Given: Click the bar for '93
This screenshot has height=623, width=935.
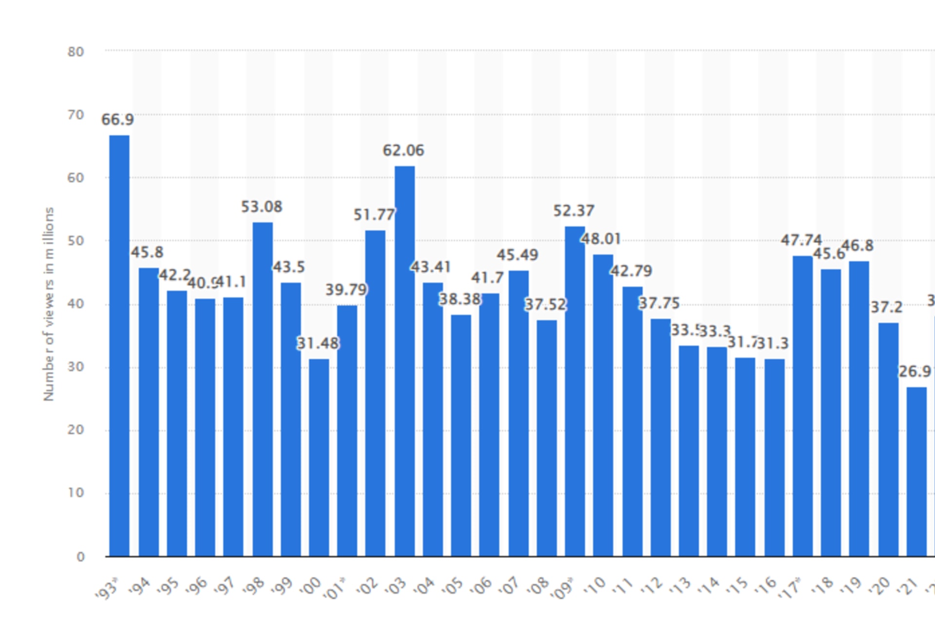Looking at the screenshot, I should pyautogui.click(x=119, y=346).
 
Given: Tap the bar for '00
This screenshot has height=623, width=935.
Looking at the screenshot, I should pyautogui.click(x=319, y=458).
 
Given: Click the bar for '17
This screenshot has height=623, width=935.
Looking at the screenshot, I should pyautogui.click(x=803, y=406).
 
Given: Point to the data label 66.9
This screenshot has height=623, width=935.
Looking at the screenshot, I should pyautogui.click(x=117, y=120).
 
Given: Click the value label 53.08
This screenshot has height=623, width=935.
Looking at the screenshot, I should pyautogui.click(x=262, y=207).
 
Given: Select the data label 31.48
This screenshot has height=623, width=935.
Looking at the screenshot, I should pyautogui.click(x=318, y=344).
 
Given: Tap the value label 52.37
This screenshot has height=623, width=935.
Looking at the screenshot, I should pyautogui.click(x=574, y=211).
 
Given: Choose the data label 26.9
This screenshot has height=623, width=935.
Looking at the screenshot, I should pyautogui.click(x=915, y=372).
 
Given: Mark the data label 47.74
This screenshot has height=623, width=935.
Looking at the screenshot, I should pyautogui.click(x=801, y=240).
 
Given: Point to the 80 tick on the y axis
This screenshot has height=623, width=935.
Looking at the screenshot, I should pyautogui.click(x=76, y=52).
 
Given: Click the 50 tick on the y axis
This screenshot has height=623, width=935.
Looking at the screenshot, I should pyautogui.click(x=76, y=241).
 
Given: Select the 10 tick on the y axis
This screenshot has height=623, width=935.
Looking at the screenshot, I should pyautogui.click(x=76, y=493).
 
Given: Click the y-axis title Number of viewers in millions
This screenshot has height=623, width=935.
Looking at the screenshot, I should pyautogui.click(x=49, y=304).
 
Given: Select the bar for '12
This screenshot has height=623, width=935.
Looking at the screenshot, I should pyautogui.click(x=660, y=438).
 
